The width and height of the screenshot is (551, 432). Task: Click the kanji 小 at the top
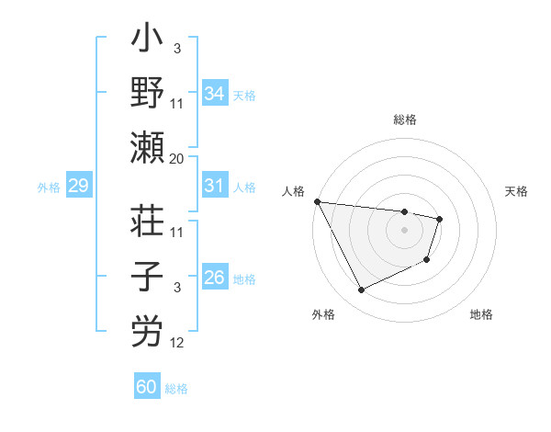point(148,42)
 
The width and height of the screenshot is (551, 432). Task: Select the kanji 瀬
point(148,148)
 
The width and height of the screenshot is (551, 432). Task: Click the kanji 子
point(148,278)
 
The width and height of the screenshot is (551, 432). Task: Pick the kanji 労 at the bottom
point(148,332)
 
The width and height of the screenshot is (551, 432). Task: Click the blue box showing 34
point(214,93)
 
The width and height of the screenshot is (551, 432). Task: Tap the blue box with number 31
point(214,186)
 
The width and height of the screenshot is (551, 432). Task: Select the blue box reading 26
point(214,278)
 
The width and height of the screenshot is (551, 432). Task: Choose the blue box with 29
point(78,187)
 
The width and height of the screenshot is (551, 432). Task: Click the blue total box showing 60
point(147,387)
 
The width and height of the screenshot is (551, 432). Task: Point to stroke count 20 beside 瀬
point(177,159)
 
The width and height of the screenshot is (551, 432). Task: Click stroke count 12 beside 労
point(177,343)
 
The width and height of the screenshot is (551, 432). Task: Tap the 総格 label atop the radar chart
point(405,119)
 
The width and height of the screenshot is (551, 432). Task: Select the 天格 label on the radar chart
point(516,191)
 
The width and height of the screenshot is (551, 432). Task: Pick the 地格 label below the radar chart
point(481,314)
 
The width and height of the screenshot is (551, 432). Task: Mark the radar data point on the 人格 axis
point(317,201)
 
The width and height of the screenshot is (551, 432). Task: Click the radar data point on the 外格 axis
point(361,290)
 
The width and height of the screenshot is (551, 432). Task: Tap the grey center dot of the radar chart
point(405,230)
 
